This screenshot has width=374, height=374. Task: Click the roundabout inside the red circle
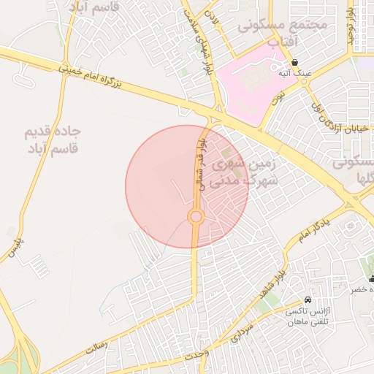(x=196, y=217)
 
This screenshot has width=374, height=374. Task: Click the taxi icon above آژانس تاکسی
(x=308, y=300)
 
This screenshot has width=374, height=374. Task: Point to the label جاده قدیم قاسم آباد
(x=53, y=140)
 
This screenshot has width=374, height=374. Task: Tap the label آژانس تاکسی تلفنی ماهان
(x=310, y=316)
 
